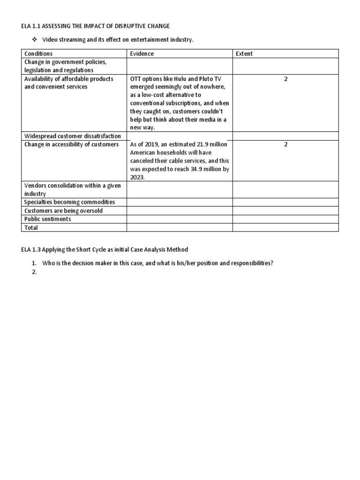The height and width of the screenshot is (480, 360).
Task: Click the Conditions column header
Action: (x=38, y=53)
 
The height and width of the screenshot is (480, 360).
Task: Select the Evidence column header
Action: (x=142, y=53)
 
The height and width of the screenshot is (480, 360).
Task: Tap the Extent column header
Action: (x=244, y=53)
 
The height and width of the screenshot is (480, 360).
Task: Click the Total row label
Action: (x=31, y=227)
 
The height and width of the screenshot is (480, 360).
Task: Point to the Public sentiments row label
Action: (x=48, y=219)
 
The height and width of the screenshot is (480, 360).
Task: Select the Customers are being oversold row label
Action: (x=63, y=210)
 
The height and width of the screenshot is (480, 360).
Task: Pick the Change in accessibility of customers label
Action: (x=72, y=144)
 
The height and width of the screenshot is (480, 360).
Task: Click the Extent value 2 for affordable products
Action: (x=285, y=79)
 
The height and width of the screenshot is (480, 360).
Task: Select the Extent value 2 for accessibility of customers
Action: (x=285, y=144)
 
